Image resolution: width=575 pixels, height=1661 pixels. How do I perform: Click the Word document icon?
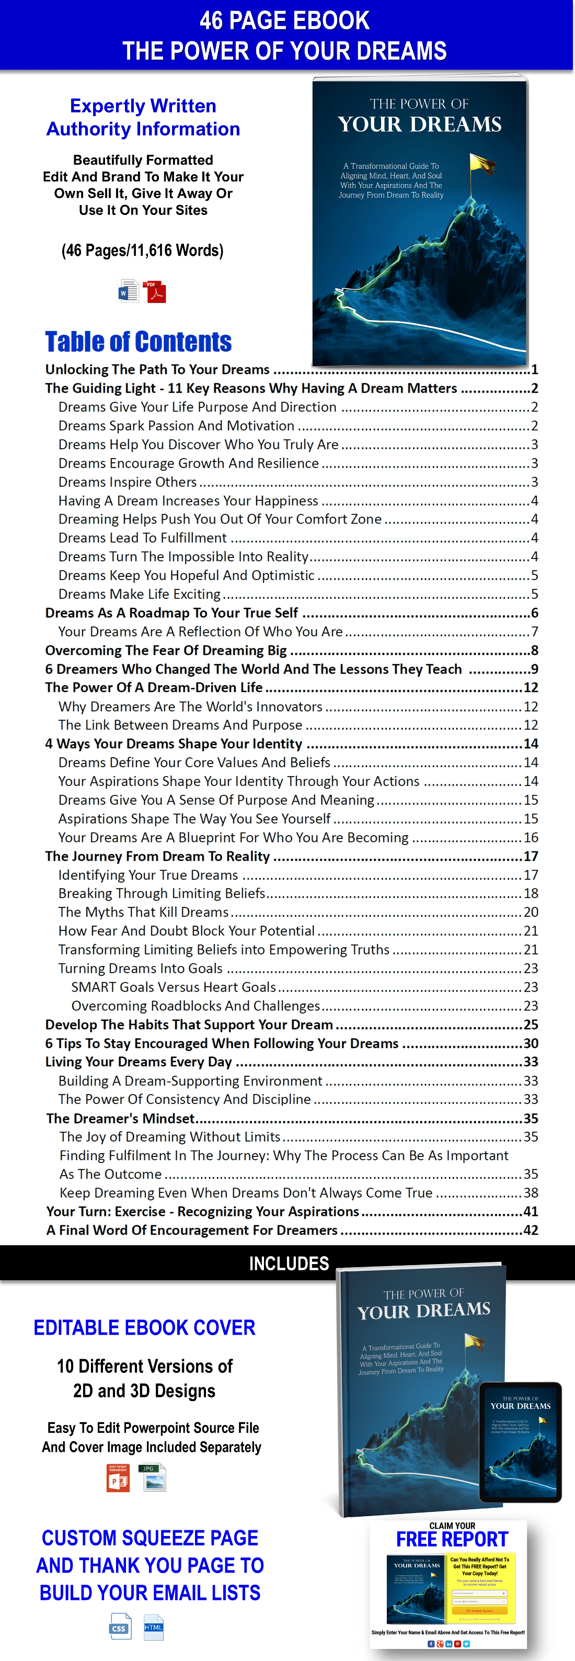point(128,291)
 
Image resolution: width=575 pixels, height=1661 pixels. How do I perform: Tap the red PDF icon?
point(155,291)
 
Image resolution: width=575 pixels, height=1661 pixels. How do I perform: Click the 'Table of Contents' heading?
point(138,342)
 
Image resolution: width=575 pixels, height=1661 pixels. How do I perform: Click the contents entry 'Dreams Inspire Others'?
point(128,482)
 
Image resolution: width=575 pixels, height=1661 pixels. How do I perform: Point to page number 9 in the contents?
point(534,669)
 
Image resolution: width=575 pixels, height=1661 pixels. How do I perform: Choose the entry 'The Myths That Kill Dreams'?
point(143,912)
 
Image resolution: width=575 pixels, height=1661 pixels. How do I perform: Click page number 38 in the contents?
point(531,1193)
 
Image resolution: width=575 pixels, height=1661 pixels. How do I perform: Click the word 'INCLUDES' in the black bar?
point(289,1263)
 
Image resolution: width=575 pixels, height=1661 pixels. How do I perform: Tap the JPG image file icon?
point(153,1478)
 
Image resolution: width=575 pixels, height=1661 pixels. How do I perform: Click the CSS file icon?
point(120,1626)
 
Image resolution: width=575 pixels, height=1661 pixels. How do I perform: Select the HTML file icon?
point(153,1626)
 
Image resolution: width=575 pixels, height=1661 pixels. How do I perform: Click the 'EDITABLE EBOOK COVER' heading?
point(144,1328)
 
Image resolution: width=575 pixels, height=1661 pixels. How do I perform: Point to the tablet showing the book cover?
point(520,1442)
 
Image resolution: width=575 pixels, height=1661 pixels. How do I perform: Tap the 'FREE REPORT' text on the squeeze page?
point(452,1539)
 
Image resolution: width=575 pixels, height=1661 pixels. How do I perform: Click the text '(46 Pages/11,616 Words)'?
point(143,250)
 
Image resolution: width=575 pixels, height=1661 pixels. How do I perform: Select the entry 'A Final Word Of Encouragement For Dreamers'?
point(192,1230)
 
